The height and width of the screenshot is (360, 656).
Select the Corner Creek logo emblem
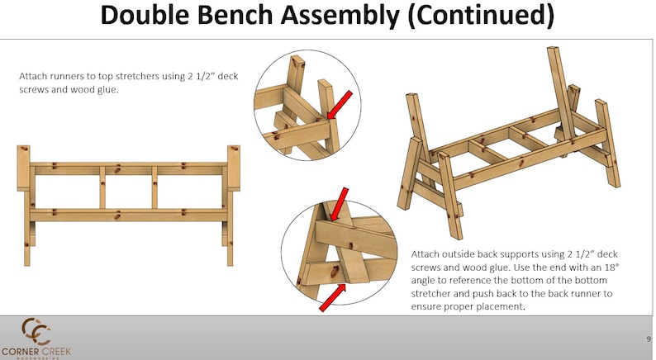click(x=36, y=331)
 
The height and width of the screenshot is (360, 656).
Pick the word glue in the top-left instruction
click(x=107, y=89)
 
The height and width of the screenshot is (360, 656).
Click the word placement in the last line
click(x=492, y=306)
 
